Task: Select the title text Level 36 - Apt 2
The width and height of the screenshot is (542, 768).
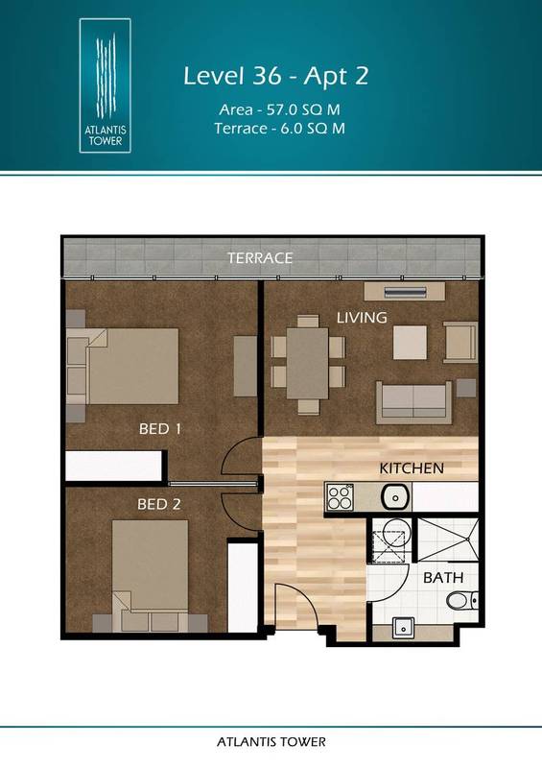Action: tap(276, 76)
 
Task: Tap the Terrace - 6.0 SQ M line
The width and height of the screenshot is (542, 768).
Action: tap(276, 129)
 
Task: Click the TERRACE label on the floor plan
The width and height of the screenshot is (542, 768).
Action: tap(259, 258)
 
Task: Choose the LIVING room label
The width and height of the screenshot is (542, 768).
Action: tap(361, 317)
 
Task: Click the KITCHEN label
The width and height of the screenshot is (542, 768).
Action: tap(411, 468)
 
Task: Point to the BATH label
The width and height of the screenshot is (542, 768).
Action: tap(443, 578)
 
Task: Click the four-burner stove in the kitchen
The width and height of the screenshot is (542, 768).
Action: tap(341, 496)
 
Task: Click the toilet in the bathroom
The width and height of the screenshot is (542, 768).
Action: tap(460, 602)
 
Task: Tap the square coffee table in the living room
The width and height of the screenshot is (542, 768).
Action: tap(410, 342)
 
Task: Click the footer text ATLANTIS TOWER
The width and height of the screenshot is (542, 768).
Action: tap(271, 742)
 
